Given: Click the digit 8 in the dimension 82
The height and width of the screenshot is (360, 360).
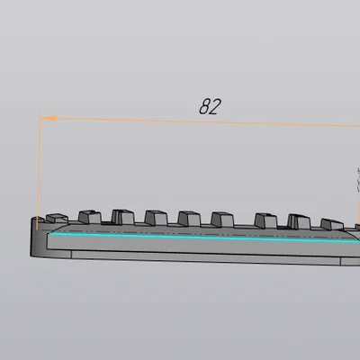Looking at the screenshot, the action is (205, 106).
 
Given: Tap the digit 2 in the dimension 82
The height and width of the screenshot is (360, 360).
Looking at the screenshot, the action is (216, 107).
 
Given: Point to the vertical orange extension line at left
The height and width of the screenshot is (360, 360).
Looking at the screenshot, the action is (39, 171).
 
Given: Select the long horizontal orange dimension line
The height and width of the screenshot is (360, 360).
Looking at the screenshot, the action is (200, 121).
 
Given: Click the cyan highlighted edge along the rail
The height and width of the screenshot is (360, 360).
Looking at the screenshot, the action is (204, 237).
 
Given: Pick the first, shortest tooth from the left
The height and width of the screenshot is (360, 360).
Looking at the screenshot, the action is (57, 219).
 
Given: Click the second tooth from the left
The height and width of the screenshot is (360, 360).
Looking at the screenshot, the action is (90, 217).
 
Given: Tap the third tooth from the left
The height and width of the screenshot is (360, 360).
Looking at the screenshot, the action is (123, 217).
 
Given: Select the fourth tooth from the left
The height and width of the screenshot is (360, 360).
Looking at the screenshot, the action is (156, 218).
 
